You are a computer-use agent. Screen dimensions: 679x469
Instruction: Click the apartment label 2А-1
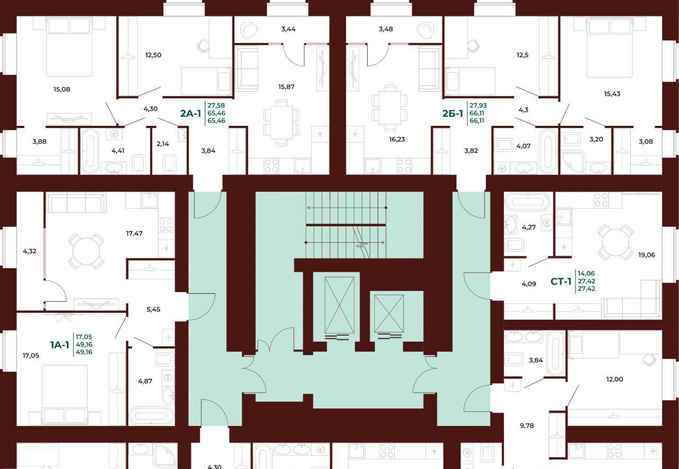point(190,114)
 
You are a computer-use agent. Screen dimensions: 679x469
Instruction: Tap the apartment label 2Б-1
point(452,114)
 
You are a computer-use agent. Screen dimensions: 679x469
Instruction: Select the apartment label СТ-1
point(561,282)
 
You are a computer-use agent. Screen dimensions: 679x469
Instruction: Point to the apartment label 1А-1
point(60,345)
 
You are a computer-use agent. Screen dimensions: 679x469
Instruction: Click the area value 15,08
point(62,89)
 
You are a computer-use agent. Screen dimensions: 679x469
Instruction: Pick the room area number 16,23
point(397,139)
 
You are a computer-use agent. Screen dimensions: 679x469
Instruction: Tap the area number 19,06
point(647,255)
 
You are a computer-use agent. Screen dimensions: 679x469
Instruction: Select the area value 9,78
point(527,425)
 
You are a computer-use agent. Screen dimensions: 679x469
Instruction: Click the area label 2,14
point(163,144)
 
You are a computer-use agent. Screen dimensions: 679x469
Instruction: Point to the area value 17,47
point(134,233)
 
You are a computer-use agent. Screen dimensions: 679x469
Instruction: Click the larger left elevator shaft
point(339,305)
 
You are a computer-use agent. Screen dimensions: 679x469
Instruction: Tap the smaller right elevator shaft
point(389,313)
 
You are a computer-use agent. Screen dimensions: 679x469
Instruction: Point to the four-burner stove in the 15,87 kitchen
point(271,166)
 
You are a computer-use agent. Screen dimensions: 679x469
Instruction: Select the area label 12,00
point(614,379)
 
